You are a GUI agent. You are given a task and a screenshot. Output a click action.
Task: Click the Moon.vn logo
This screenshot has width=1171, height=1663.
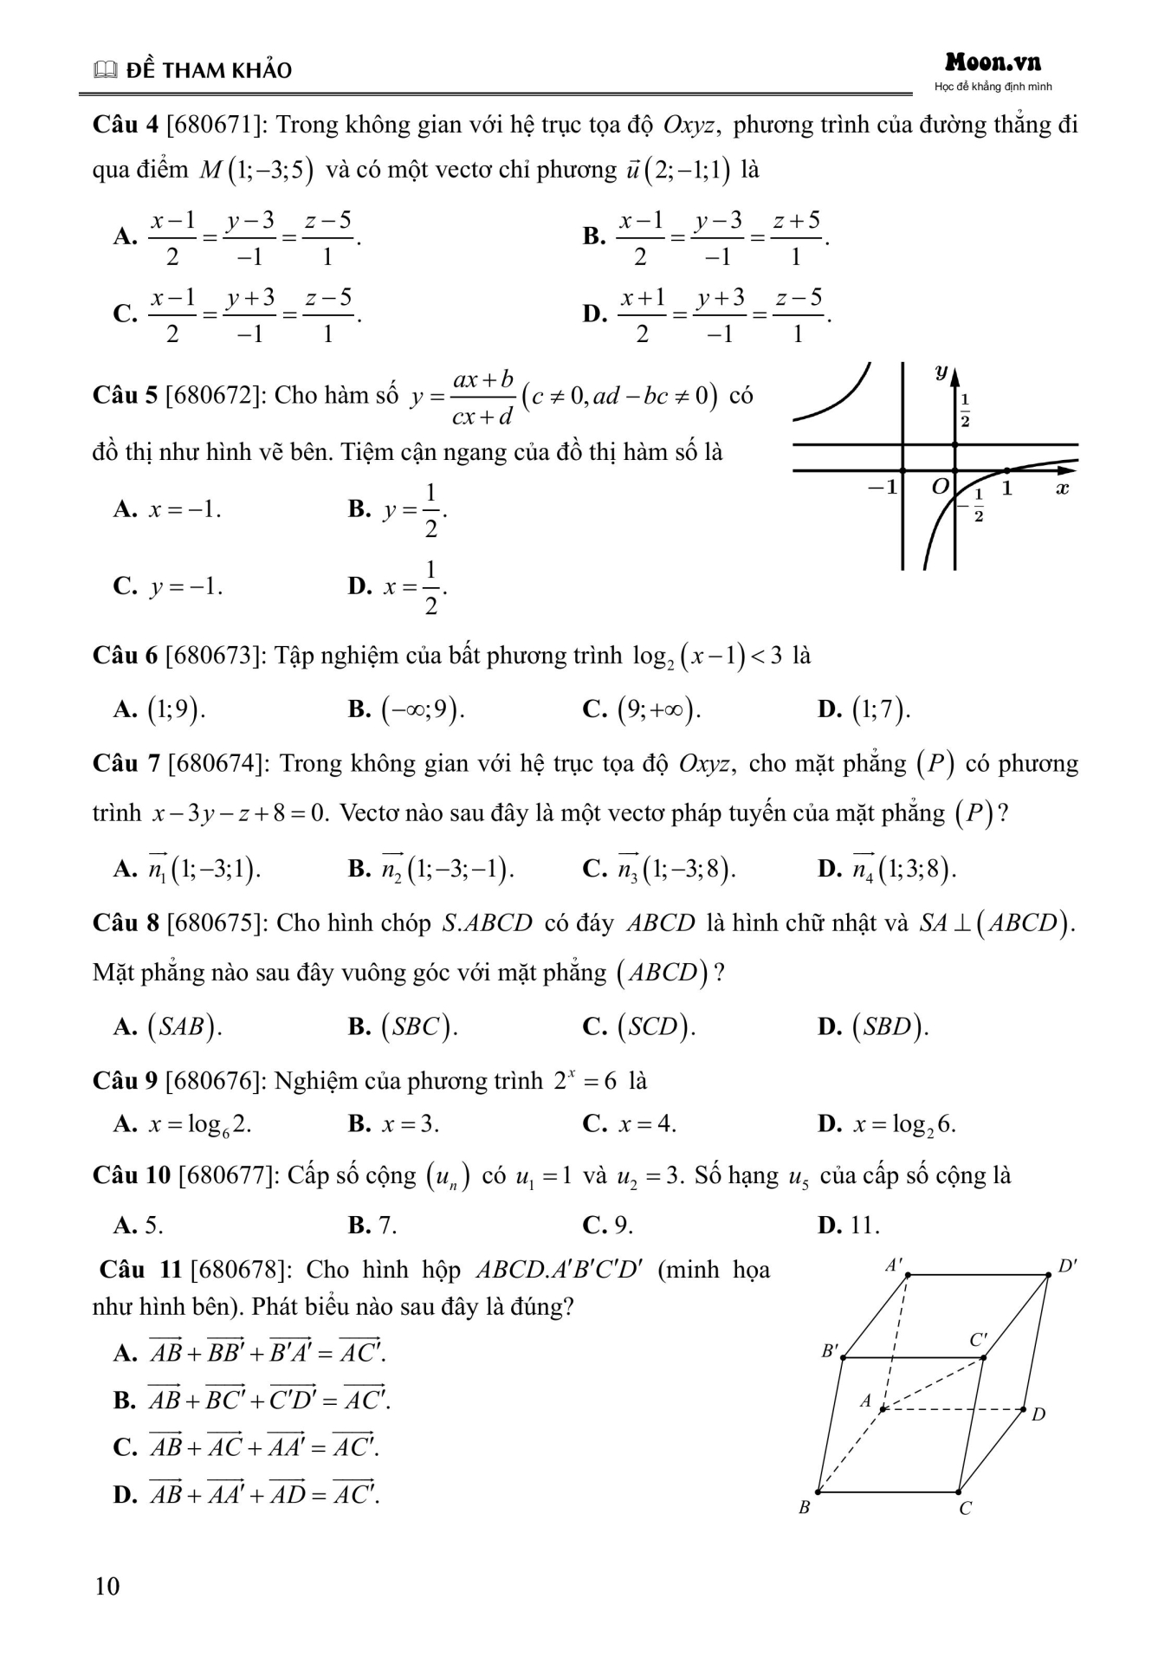pyautogui.click(x=993, y=62)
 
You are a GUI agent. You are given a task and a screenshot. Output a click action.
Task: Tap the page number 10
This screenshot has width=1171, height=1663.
pyautogui.click(x=107, y=1586)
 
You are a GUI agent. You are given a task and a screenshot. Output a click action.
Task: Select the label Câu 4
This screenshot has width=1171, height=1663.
pyautogui.click(x=125, y=126)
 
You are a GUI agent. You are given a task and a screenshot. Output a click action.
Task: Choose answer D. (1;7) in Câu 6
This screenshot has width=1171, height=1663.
pyautogui.click(x=864, y=710)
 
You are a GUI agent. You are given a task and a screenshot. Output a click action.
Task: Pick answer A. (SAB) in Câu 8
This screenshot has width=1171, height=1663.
pyautogui.click(x=167, y=1026)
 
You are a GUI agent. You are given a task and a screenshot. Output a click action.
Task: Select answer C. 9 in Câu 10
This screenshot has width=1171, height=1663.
pyautogui.click(x=608, y=1225)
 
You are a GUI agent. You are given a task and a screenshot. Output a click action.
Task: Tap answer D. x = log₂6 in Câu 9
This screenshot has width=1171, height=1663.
pyautogui.click(x=887, y=1124)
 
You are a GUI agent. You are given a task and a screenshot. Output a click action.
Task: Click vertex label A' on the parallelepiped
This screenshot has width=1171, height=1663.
pyautogui.click(x=894, y=1265)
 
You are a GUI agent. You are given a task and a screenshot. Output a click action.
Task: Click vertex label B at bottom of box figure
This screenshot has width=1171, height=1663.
pyautogui.click(x=805, y=1507)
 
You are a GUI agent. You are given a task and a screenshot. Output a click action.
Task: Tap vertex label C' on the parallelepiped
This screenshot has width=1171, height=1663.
pyautogui.click(x=978, y=1340)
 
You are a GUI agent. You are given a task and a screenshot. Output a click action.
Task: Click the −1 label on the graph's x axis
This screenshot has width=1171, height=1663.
pyautogui.click(x=883, y=488)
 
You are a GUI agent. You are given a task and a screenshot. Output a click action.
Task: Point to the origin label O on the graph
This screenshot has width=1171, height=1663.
pyautogui.click(x=940, y=487)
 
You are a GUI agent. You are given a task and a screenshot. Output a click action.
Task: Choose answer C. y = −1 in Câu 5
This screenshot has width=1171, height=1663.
pyautogui.click(x=167, y=587)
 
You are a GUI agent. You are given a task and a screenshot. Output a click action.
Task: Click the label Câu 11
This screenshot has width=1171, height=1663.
pyautogui.click(x=140, y=1270)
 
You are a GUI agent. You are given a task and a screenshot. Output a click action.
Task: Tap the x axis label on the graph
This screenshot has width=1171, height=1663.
pyautogui.click(x=1063, y=489)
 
